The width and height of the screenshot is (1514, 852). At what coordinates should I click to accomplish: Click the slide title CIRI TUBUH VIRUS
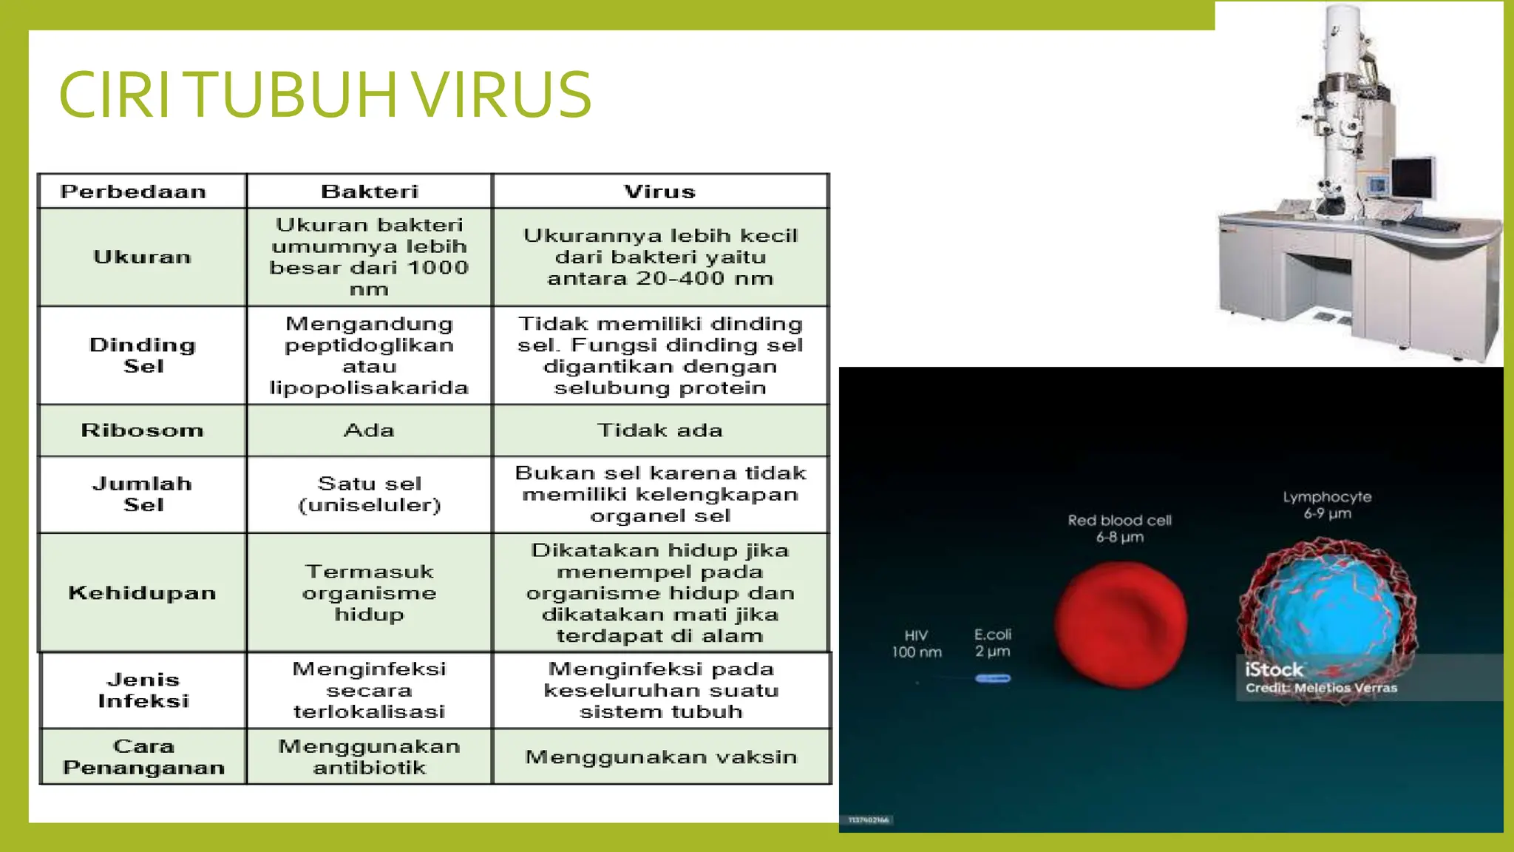tap(325, 94)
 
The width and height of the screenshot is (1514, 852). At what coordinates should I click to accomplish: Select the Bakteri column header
tap(370, 192)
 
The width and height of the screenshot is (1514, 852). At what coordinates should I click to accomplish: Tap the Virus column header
tap(660, 192)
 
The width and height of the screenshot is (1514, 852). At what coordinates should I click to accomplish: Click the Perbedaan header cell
tap(134, 192)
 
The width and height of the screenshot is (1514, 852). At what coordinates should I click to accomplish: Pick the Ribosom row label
tap(142, 430)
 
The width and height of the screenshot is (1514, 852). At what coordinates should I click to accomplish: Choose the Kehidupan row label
tap(142, 593)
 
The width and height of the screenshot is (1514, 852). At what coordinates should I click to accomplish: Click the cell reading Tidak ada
tap(660, 430)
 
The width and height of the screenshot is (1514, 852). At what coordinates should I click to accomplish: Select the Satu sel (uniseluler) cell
tap(370, 494)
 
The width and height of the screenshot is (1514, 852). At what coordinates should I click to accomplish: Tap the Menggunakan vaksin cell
tap(661, 757)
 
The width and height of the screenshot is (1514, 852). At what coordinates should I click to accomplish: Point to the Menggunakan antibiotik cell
tap(370, 757)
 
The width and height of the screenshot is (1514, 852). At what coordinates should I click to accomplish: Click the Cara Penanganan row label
tap(143, 757)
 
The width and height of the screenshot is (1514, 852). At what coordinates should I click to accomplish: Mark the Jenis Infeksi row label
tap(143, 690)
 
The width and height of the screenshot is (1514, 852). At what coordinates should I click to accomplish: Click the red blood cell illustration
tap(1121, 623)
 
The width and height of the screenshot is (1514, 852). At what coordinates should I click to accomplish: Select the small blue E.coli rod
tap(992, 678)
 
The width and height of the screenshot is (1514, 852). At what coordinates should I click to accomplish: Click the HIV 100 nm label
tap(917, 643)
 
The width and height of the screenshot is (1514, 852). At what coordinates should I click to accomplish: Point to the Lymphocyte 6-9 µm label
tap(1327, 505)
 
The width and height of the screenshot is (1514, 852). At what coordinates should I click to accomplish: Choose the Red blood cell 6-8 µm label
tap(1119, 528)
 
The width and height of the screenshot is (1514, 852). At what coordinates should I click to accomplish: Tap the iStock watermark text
tap(1274, 670)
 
